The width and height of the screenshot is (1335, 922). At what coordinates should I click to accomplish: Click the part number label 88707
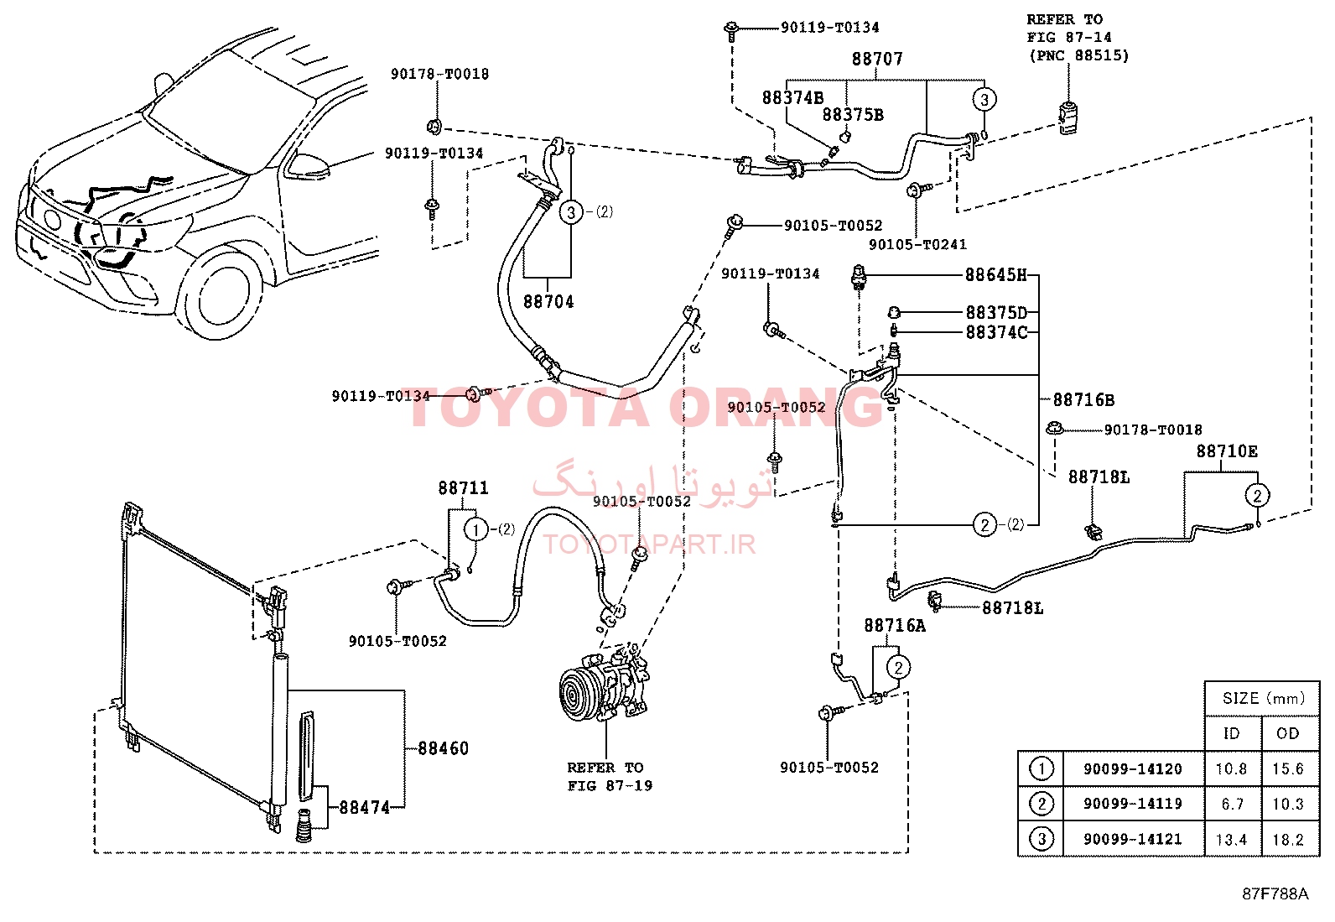[x=876, y=59]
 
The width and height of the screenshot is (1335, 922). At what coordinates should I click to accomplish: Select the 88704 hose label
[x=548, y=302]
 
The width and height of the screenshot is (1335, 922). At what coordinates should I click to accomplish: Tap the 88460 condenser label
[x=443, y=747]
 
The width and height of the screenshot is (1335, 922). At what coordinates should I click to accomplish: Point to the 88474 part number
[x=364, y=808]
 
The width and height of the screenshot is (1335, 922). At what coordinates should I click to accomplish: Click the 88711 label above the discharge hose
[x=463, y=487]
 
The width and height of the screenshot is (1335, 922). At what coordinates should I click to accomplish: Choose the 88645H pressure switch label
[x=996, y=275]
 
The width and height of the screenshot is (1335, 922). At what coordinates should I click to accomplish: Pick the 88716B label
[x=1083, y=399]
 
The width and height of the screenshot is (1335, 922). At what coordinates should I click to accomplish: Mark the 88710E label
[x=1227, y=451]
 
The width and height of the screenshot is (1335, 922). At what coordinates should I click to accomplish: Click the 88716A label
[x=895, y=626]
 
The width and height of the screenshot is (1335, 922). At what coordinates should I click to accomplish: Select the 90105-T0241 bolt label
[x=917, y=244]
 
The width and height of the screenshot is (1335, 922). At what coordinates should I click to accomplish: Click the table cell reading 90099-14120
[x=1132, y=768]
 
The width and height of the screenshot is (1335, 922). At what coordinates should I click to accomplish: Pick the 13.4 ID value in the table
[x=1231, y=840]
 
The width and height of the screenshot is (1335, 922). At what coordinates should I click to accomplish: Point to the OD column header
[x=1288, y=733]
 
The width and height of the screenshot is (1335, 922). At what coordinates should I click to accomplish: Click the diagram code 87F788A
[x=1275, y=894]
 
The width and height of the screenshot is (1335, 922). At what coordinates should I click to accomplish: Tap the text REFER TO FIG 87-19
[x=610, y=777]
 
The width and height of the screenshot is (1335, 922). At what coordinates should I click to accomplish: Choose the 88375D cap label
[x=996, y=312]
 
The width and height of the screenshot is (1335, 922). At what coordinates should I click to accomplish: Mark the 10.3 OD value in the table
[x=1288, y=804]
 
